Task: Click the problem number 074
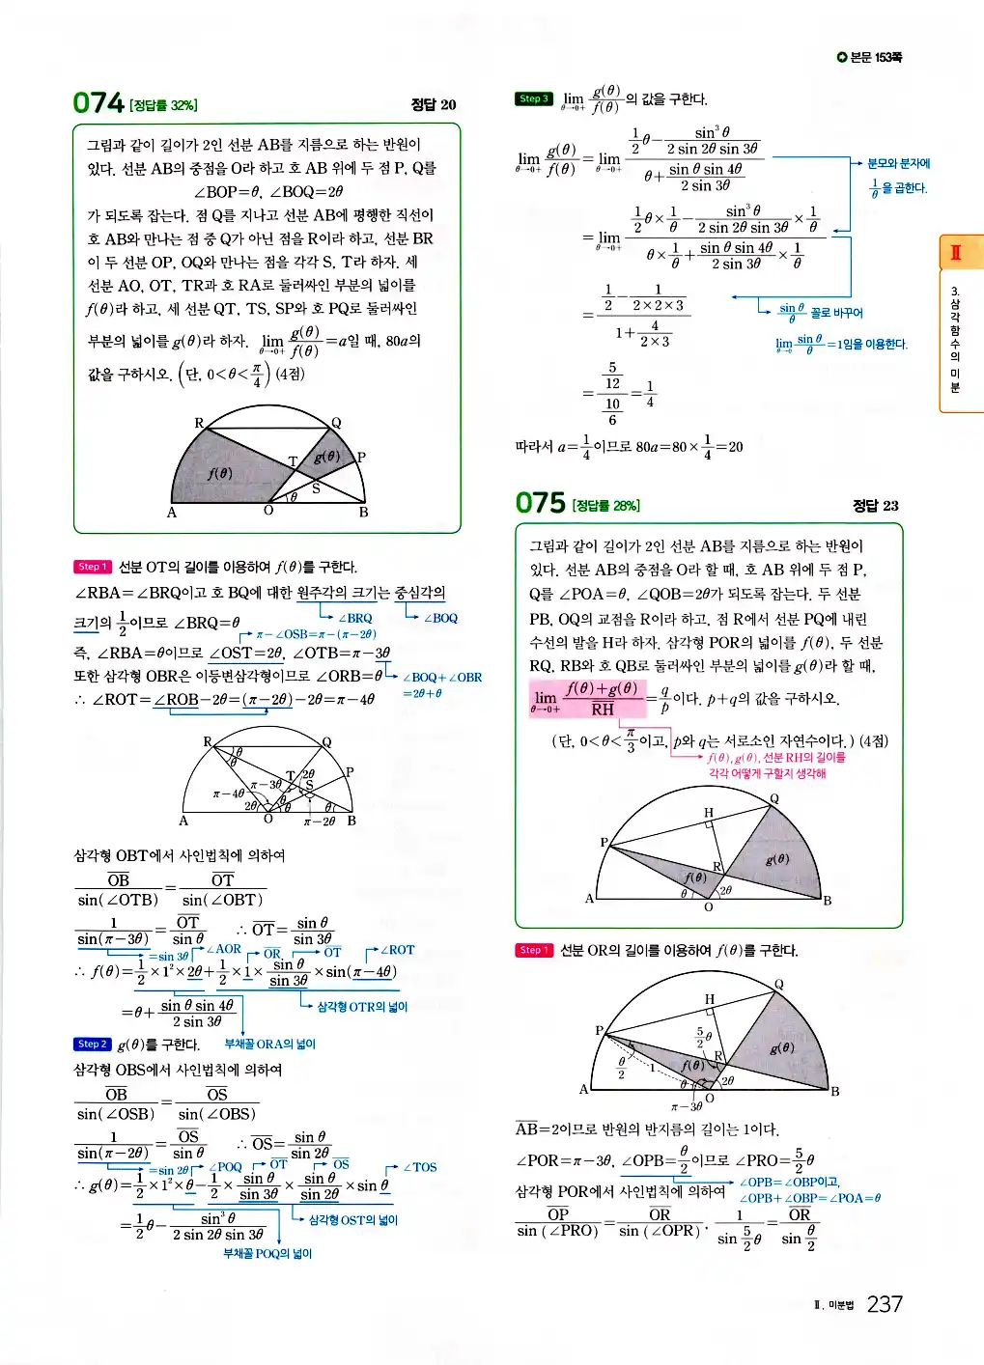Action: pos(98,102)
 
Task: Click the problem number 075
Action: pos(541,503)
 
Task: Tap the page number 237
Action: pos(884,1304)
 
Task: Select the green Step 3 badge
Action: pos(533,98)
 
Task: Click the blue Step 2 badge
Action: pos(92,1044)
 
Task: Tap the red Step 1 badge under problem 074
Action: pos(92,567)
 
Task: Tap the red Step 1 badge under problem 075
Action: pos(533,950)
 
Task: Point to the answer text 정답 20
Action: pos(434,104)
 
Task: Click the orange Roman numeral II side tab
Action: pos(955,253)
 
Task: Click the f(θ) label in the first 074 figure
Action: pos(220,473)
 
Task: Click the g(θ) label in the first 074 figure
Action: pos(326,457)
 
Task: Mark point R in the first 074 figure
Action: pos(199,423)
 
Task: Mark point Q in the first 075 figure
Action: pos(774,799)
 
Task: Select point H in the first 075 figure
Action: pos(709,812)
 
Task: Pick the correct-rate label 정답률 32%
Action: pos(163,105)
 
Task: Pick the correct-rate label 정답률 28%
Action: pos(605,506)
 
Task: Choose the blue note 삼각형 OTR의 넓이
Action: pos(362,1007)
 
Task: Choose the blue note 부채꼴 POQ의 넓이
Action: pos(267,1253)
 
